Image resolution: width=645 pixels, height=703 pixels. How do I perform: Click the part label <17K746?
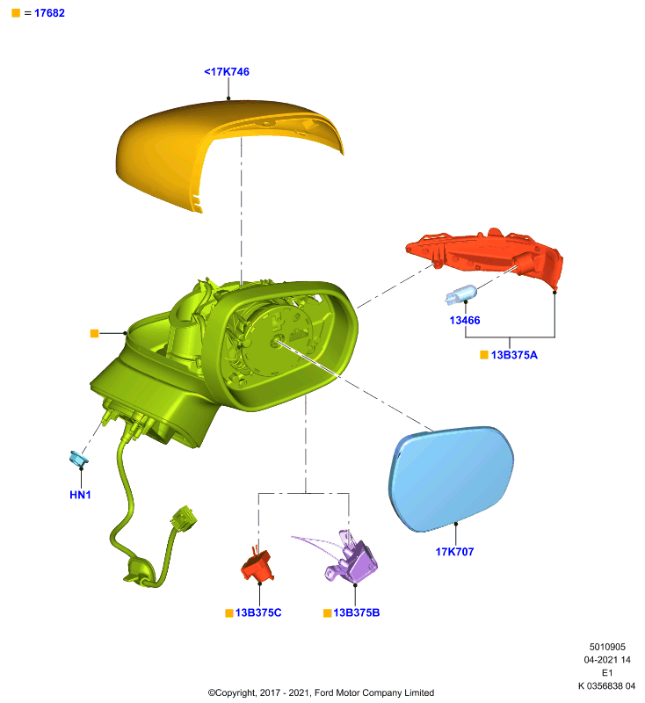point(227,72)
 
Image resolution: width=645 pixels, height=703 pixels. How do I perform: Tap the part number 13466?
point(465,320)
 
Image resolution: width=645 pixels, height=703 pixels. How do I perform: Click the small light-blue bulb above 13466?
point(460,294)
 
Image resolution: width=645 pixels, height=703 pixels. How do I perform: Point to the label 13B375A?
point(514,355)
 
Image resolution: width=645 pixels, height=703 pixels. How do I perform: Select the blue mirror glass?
point(451,478)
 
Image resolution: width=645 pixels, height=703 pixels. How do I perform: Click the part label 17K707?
point(454,552)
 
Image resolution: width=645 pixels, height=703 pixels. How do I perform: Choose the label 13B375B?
point(357,612)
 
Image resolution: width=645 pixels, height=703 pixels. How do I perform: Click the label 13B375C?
point(258,612)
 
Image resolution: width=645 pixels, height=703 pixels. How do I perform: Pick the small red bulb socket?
point(257,565)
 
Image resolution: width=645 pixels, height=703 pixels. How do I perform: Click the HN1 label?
point(80,495)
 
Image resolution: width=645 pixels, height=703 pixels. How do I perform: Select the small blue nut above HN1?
point(78,459)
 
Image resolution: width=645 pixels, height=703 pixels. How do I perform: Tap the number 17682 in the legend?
point(49,13)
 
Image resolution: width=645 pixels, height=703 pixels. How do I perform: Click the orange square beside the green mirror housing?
point(94,333)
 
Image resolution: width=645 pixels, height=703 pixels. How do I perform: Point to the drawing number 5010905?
point(607,647)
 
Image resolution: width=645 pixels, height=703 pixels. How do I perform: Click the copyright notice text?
point(321,692)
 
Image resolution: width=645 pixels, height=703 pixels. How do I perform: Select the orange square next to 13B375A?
point(484,355)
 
